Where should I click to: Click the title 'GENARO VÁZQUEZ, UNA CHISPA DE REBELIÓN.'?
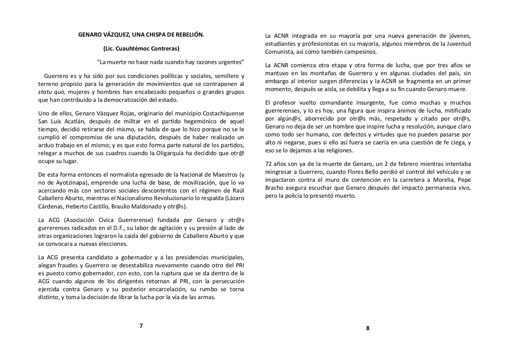141,35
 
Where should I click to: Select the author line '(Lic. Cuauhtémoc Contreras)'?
141,49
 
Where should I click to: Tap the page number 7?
141,326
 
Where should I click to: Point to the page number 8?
367,328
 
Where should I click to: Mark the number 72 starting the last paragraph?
269,164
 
